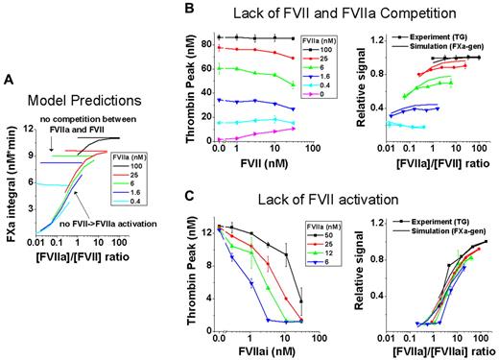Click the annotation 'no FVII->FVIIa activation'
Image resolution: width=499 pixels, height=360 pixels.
(x=87, y=224)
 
